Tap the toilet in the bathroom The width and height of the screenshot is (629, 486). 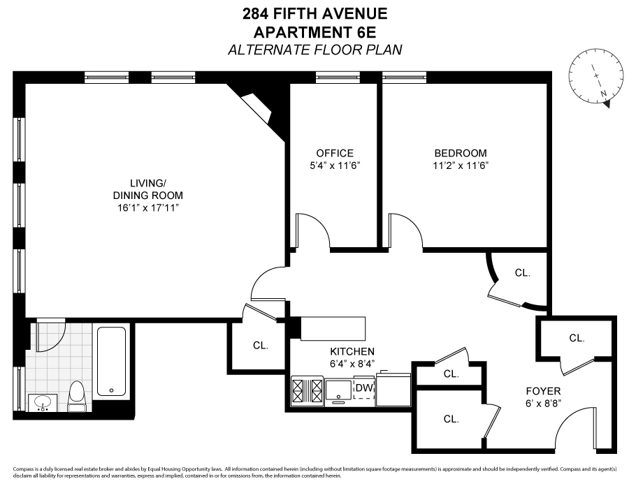click(78, 395)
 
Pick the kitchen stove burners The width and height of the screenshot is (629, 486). click(308, 390)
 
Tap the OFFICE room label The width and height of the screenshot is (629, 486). click(335, 154)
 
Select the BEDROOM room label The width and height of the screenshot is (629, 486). click(461, 154)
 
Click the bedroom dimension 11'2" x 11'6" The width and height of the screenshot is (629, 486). click(461, 166)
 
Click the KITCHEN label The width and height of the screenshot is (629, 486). click(353, 351)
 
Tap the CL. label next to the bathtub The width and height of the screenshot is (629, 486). click(260, 345)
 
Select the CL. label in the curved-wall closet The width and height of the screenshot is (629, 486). click(522, 274)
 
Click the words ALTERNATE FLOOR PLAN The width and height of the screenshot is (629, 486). click(314, 50)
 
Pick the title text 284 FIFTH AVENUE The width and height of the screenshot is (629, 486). click(314, 13)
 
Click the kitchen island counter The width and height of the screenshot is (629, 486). click(333, 327)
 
